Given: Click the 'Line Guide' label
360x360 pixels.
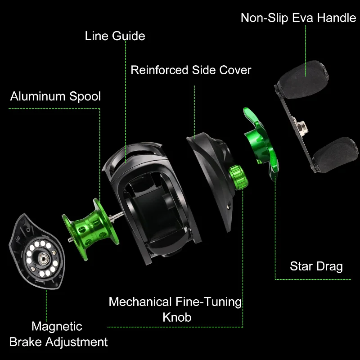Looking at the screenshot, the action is [x=115, y=36].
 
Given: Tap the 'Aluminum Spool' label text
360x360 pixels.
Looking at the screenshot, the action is [x=55, y=96].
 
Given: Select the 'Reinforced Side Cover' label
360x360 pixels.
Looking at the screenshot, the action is [x=191, y=70].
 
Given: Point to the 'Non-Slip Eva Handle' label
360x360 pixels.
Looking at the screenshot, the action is [x=298, y=18].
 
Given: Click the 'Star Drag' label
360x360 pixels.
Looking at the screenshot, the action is [x=316, y=266].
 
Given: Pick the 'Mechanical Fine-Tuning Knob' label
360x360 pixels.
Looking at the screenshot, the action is [x=175, y=309].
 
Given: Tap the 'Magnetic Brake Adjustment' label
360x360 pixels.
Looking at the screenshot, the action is [x=58, y=334].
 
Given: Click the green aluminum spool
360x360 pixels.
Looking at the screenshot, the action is [x=90, y=229].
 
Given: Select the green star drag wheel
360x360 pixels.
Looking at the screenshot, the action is [x=261, y=142].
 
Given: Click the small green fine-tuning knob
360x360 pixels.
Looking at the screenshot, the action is [x=238, y=177].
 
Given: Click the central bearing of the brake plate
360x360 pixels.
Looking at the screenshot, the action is [x=43, y=258].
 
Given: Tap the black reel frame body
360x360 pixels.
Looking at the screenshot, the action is [x=152, y=202].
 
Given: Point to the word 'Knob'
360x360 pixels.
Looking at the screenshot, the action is [x=177, y=317].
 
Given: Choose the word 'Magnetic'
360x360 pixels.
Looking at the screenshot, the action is [x=57, y=327].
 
